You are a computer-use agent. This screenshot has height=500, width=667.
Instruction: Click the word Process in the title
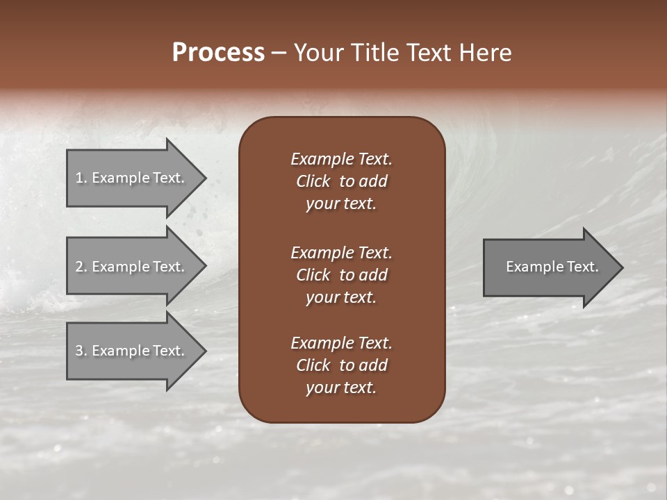[x=218, y=53]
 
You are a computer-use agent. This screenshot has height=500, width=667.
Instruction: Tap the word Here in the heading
[x=486, y=53]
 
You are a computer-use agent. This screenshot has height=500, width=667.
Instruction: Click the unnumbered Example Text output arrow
[x=552, y=267]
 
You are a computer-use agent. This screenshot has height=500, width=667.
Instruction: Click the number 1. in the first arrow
[x=81, y=178]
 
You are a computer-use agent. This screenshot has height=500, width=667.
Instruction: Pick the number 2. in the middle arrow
[x=81, y=267]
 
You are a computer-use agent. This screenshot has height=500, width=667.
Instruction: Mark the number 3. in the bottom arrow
[x=81, y=351]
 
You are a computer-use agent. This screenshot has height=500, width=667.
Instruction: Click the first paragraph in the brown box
[x=341, y=181]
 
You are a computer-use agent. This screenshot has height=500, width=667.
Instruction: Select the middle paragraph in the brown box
[x=341, y=275]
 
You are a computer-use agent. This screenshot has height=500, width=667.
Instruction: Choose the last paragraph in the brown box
[x=341, y=365]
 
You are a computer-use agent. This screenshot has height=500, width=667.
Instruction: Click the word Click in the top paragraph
[x=313, y=181]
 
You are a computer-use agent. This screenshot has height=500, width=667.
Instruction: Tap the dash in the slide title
[x=279, y=53]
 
